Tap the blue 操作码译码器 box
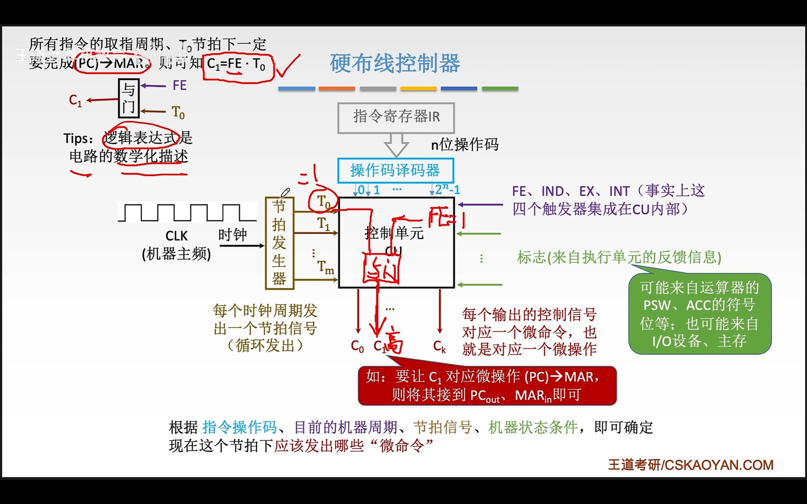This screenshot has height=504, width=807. tap(396, 171)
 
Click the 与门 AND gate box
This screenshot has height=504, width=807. tap(129, 98)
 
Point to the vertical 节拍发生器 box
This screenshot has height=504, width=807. tap(279, 243)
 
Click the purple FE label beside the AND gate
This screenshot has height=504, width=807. tap(179, 86)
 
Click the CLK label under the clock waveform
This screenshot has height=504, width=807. tap(177, 236)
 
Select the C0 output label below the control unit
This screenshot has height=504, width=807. tap(357, 347)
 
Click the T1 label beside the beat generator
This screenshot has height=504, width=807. tap(323, 223)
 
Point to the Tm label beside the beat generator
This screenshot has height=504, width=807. tap(325, 267)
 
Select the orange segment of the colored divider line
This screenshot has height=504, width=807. tap(337, 89)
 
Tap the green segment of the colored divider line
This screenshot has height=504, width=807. tap(500, 89)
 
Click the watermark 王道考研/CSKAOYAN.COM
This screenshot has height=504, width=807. tap(690, 465)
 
